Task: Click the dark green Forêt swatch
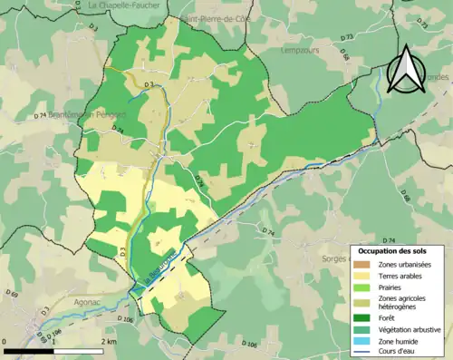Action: click(365, 317)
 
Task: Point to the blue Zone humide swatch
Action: click(365, 341)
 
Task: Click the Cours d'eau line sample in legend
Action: click(365, 353)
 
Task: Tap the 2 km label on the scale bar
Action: click(108, 342)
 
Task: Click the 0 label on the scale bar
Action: click(6, 342)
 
